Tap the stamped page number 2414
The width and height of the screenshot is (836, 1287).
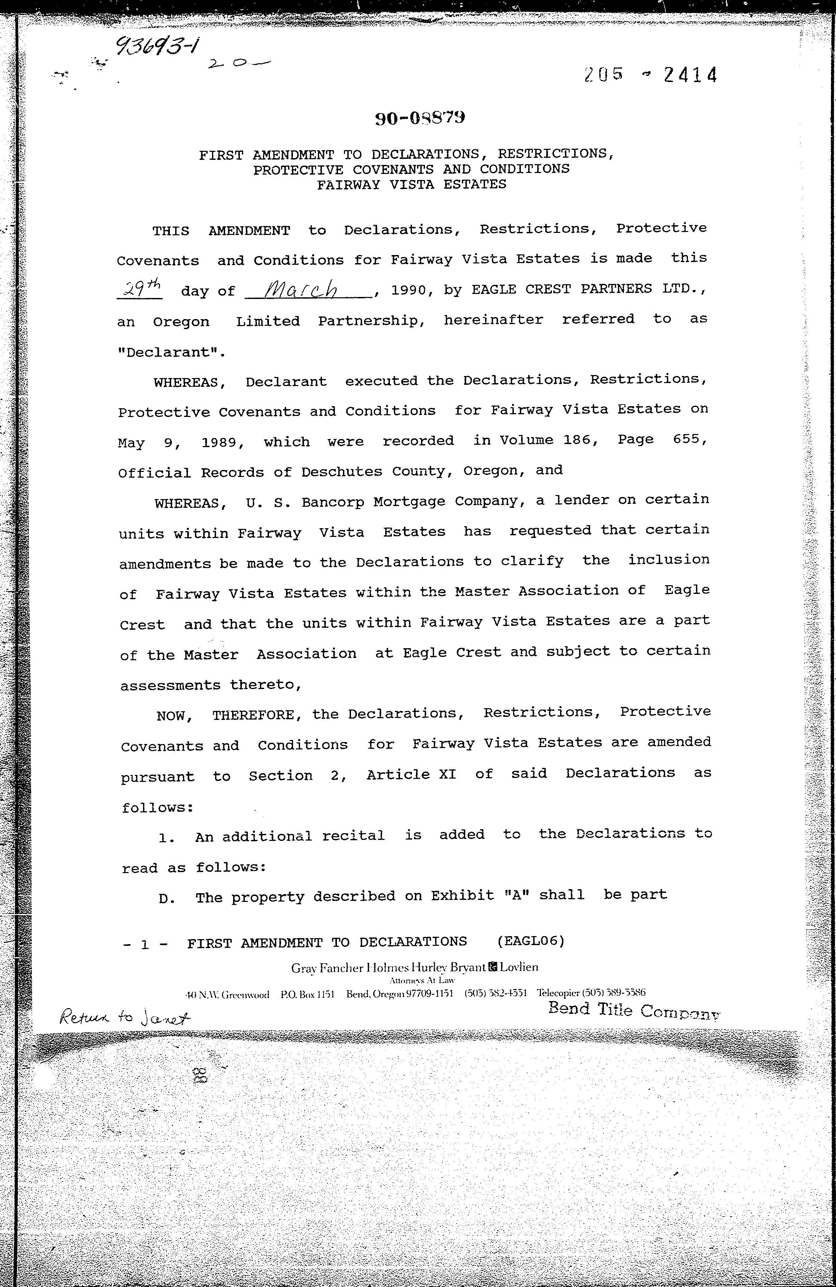690,75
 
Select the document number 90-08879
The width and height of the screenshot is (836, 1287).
420,118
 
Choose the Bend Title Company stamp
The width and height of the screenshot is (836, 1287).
634,1010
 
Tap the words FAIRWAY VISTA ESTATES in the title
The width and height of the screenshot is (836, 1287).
411,184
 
